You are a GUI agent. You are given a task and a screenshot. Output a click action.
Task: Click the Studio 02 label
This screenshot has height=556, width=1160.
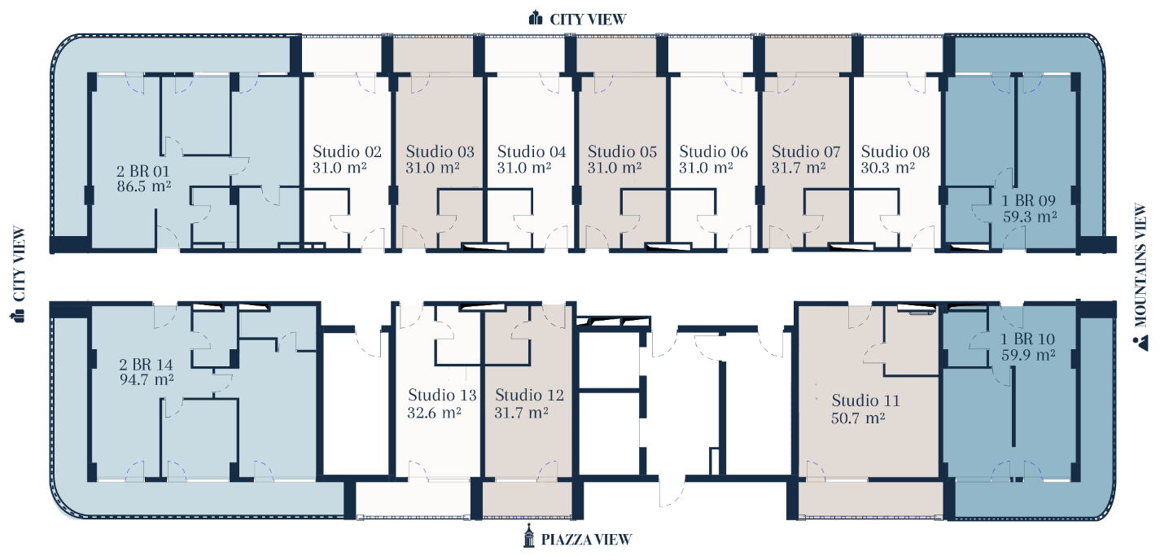[x=347, y=151]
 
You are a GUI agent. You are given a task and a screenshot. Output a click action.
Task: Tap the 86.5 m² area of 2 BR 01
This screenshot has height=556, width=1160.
[x=144, y=186]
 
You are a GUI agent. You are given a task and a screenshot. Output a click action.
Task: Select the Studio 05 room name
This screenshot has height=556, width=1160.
[x=622, y=151]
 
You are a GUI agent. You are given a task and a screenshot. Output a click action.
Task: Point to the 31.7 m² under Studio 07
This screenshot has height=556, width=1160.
[x=799, y=168]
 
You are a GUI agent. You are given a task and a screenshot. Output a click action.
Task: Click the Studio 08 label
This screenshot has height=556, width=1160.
[x=895, y=151]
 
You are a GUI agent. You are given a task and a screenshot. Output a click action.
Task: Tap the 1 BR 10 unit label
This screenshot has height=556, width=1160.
[x=1027, y=339]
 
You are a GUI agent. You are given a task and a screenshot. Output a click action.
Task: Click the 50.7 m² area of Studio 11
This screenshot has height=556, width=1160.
[x=858, y=418]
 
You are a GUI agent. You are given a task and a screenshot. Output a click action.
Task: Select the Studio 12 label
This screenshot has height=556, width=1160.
[x=529, y=395]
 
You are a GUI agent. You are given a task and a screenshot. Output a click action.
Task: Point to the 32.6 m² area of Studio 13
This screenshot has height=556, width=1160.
[x=434, y=413]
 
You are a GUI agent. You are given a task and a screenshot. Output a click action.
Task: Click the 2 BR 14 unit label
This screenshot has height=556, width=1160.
[x=146, y=365]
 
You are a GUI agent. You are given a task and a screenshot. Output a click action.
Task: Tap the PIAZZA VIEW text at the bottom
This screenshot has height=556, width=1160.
[x=586, y=540]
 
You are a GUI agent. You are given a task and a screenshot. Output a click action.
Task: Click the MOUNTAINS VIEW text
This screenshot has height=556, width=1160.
[x=1140, y=265]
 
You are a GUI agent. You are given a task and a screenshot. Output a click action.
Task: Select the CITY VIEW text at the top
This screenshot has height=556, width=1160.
[x=588, y=20]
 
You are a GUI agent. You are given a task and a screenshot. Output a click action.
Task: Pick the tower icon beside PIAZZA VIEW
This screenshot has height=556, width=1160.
[x=528, y=536]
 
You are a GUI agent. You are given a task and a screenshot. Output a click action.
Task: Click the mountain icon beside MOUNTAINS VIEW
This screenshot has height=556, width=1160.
[x=1140, y=344]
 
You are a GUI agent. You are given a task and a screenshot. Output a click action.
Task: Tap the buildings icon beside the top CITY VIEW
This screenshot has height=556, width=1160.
[x=536, y=18]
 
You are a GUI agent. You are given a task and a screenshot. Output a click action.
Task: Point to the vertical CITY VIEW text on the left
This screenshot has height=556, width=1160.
[x=20, y=264]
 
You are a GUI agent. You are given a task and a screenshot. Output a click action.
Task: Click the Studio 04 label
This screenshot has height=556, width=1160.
[x=532, y=151]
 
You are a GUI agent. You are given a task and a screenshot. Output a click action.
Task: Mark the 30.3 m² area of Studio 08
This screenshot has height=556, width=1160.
[x=888, y=168]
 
